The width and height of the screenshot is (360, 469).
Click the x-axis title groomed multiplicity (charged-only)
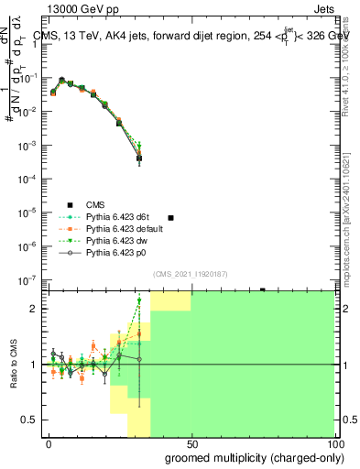(265, 457)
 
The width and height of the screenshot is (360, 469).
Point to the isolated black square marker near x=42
(169, 217)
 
